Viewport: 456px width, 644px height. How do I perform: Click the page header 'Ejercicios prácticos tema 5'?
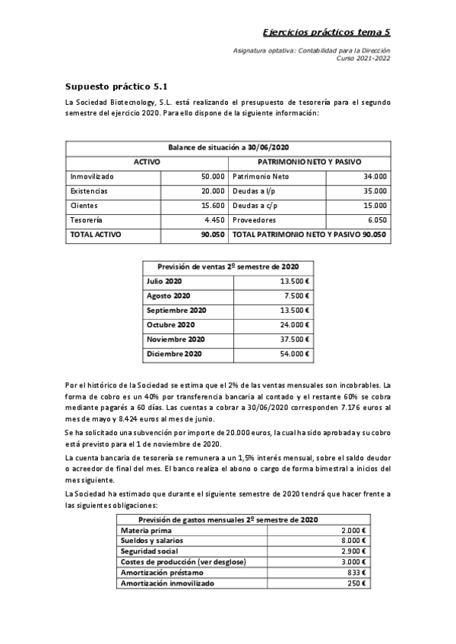point(326,32)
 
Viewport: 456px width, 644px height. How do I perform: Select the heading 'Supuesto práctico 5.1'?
point(116,87)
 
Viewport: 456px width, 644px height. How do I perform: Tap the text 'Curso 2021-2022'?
point(363,58)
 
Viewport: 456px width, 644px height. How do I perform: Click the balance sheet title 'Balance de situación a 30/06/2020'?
point(229,147)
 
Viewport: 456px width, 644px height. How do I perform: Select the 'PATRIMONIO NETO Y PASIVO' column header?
point(309,162)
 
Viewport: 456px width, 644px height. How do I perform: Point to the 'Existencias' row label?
point(89,191)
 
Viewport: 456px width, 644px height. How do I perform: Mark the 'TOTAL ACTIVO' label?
point(96,235)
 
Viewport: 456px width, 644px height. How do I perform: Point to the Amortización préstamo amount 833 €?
point(356,572)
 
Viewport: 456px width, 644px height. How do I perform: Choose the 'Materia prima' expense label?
point(144,530)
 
